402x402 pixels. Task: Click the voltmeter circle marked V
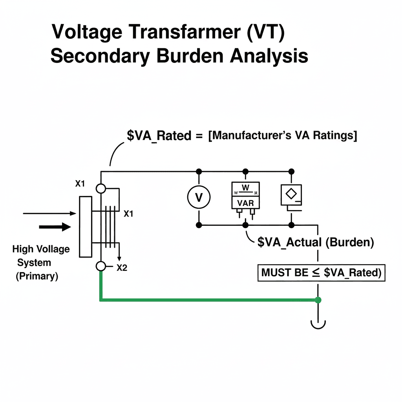[199, 197]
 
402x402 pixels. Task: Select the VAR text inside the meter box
[245, 203]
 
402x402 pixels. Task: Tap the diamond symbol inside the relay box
[291, 194]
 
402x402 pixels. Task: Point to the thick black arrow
[55, 227]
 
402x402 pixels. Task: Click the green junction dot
[318, 300]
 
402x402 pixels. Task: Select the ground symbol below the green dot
[318, 323]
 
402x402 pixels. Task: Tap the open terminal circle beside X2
[101, 267]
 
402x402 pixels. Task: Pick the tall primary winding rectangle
[85, 227]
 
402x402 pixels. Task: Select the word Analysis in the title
[269, 56]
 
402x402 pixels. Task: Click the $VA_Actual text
[289, 242]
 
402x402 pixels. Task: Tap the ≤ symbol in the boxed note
[316, 272]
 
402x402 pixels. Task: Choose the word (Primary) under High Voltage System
[37, 276]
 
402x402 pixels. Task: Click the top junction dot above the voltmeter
[199, 171]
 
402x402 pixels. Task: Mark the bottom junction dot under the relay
[291, 225]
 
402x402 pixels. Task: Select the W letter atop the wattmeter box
[245, 188]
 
